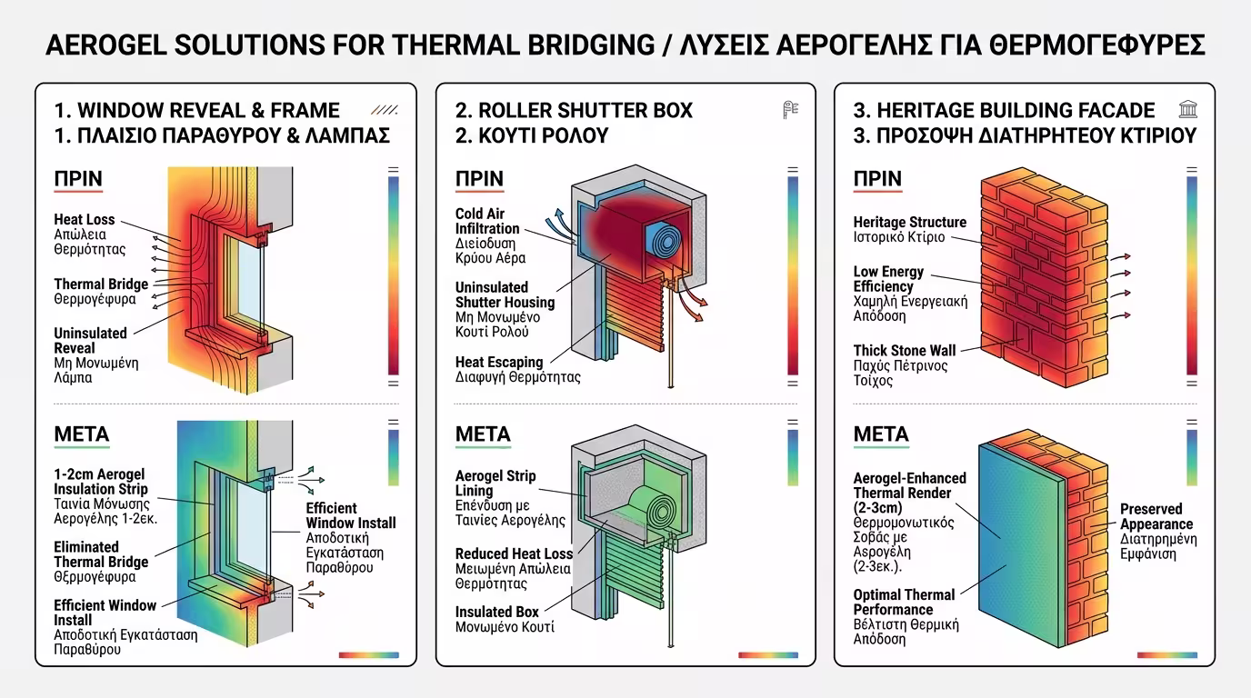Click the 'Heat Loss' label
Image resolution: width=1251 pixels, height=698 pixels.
click(x=85, y=219)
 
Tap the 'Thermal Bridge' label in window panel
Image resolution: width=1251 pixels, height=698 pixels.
click(x=101, y=284)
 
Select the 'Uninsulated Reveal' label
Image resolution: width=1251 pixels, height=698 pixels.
click(x=90, y=340)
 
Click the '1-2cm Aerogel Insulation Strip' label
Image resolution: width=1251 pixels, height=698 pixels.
click(x=99, y=482)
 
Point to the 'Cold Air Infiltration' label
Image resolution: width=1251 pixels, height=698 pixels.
click(x=487, y=221)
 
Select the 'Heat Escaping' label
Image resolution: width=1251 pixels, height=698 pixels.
click(x=499, y=362)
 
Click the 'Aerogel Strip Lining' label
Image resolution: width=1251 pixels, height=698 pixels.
click(x=495, y=483)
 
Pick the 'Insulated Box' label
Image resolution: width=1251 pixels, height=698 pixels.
click(x=497, y=612)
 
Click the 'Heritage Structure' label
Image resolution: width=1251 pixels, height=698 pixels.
click(x=909, y=222)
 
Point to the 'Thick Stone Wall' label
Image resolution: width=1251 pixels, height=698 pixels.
click(x=903, y=350)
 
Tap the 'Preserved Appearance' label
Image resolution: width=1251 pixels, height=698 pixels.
click(x=1156, y=516)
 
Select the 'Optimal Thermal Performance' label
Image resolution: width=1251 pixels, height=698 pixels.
click(x=904, y=602)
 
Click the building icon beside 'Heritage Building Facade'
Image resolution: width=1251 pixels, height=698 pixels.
click(x=1187, y=110)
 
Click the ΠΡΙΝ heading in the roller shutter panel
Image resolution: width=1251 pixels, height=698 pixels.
click(x=479, y=178)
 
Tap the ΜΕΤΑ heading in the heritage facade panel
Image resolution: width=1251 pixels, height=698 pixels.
click(x=881, y=434)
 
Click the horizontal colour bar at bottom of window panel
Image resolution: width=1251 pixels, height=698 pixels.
click(x=368, y=654)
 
